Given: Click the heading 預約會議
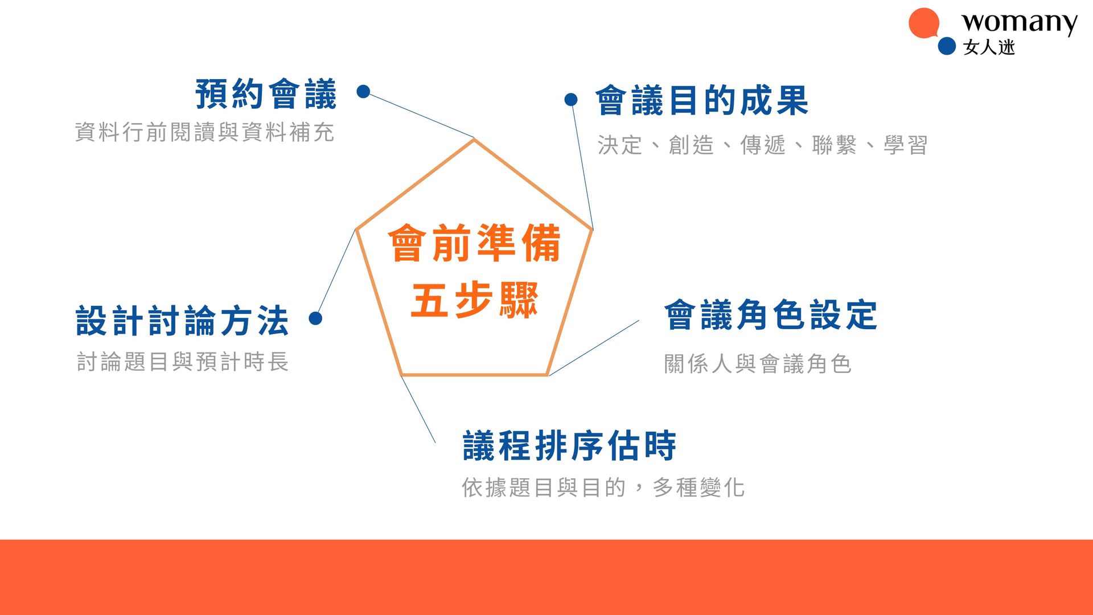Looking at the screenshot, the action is [x=266, y=94].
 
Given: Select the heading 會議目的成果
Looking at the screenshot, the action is [x=702, y=101].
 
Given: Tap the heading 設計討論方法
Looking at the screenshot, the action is [x=182, y=321].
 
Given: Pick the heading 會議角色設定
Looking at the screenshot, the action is [x=771, y=315].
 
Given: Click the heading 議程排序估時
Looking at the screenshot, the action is [x=569, y=445].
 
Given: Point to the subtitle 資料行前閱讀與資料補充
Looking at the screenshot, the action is [x=204, y=132].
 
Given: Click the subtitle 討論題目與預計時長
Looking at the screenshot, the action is [x=183, y=362].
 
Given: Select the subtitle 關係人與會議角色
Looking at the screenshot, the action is [x=758, y=364].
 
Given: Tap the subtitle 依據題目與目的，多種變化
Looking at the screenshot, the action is [x=603, y=487].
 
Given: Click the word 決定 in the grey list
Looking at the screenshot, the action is [x=620, y=145].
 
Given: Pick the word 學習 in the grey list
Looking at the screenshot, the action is [x=906, y=145].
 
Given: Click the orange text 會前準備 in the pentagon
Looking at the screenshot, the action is [x=474, y=243].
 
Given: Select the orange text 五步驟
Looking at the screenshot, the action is [x=474, y=300].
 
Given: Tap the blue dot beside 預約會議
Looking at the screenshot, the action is [x=363, y=91].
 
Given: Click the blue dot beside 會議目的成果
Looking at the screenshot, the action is [x=571, y=100].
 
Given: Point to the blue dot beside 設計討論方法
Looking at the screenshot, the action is [x=315, y=318].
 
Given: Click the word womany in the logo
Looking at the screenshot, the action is [x=1020, y=23].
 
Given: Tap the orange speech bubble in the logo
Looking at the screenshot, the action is [x=924, y=23].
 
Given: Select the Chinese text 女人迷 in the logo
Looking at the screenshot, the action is [x=989, y=47].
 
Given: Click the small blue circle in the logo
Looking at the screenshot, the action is [x=947, y=46].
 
